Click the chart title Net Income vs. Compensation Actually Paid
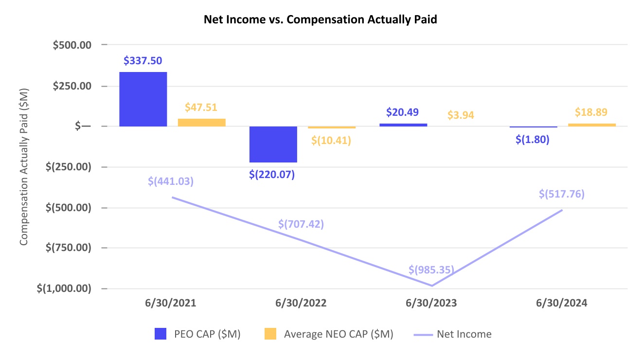[x=321, y=20]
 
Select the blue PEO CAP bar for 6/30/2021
[x=143, y=99]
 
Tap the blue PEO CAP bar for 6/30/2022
[x=273, y=144]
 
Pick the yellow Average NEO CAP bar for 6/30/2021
[x=201, y=123]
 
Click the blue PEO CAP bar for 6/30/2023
[x=403, y=125]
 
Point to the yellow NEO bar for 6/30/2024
[x=592, y=125]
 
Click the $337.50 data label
[x=143, y=61]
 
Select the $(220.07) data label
[x=272, y=174]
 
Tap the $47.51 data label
[x=201, y=108]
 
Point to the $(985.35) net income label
[x=431, y=270]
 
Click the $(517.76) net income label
[x=562, y=194]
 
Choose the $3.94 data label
[x=461, y=115]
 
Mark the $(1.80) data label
[x=533, y=140]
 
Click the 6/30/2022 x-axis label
[x=301, y=303]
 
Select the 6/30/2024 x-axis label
[x=562, y=303]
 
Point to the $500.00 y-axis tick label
[x=71, y=45]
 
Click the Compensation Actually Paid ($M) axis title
[x=24, y=167]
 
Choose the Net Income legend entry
[x=464, y=334]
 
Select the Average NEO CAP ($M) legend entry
[x=338, y=334]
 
